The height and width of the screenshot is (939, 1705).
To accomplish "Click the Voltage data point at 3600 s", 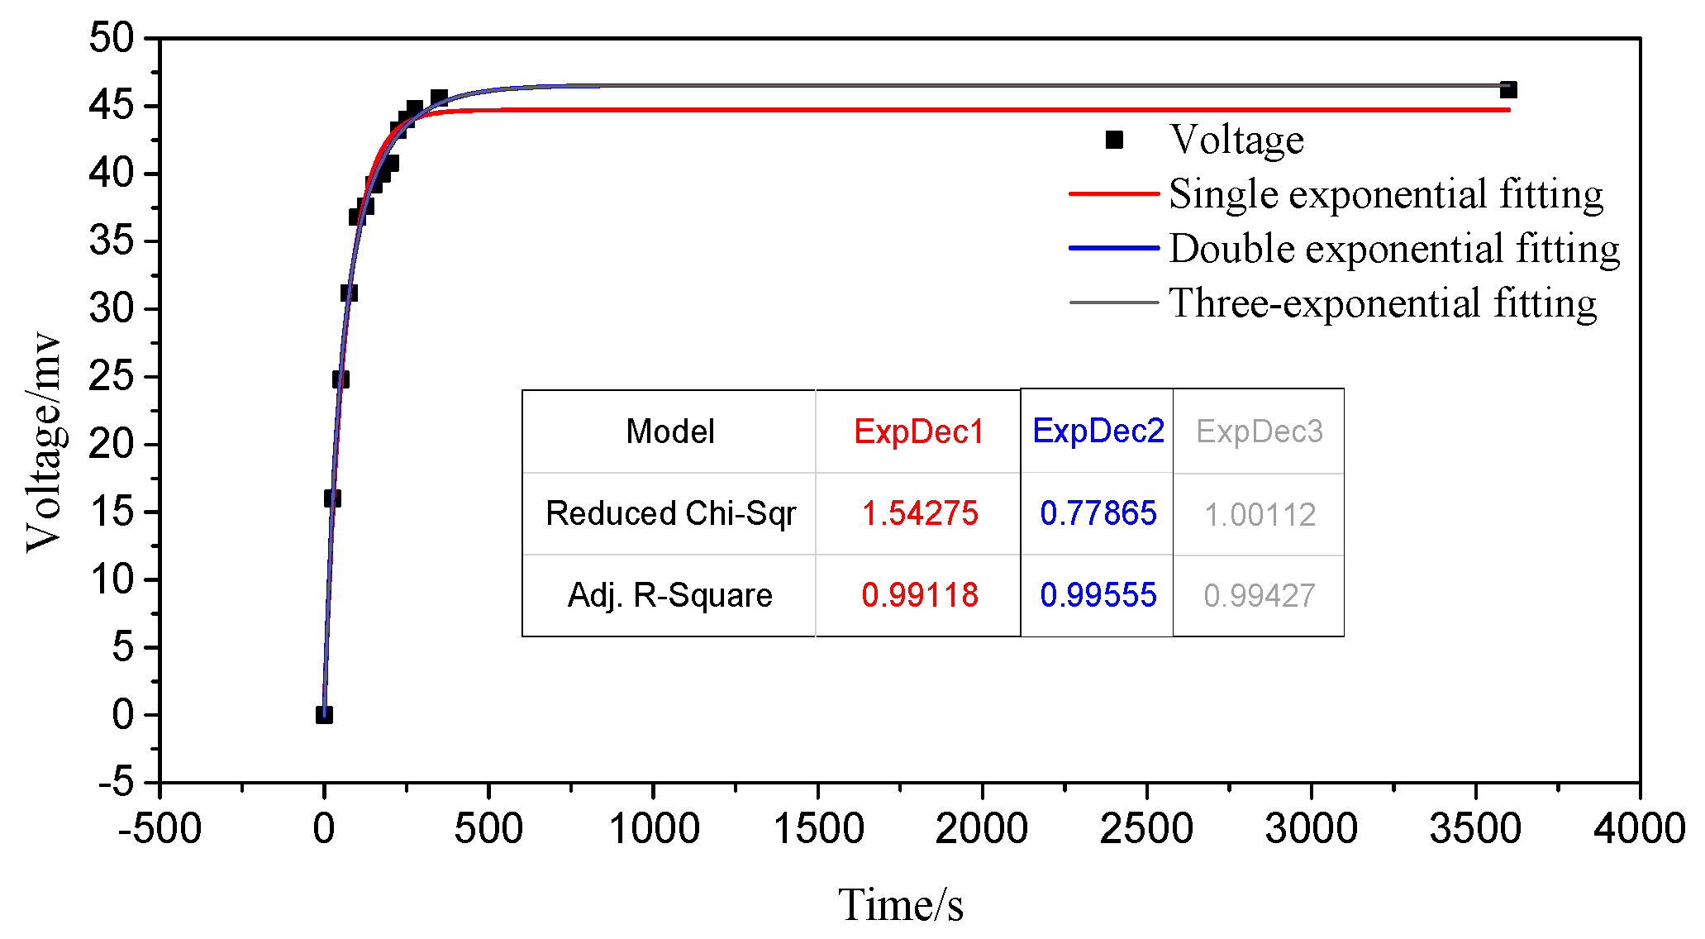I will pyautogui.click(x=1507, y=90).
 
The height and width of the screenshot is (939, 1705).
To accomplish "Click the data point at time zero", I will pyautogui.click(x=324, y=714).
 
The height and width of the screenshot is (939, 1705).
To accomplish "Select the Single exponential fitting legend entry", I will pyautogui.click(x=1386, y=194).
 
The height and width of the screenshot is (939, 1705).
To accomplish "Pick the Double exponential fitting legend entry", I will pyautogui.click(x=1394, y=249).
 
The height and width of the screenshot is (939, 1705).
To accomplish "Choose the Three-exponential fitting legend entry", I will pyautogui.click(x=1383, y=303).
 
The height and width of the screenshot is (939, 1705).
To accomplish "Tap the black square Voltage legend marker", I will pyautogui.click(x=1114, y=140).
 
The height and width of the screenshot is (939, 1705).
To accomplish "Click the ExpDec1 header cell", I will pyautogui.click(x=919, y=431).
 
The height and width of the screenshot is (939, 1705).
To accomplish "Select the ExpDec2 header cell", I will pyautogui.click(x=1098, y=431).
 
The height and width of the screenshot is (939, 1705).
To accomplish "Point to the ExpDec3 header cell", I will pyautogui.click(x=1259, y=431).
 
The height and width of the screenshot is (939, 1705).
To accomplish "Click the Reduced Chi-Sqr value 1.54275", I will pyautogui.click(x=919, y=513).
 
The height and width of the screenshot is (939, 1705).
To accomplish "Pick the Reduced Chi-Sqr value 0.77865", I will pyautogui.click(x=1098, y=513).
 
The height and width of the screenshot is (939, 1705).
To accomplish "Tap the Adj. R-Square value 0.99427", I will pyautogui.click(x=1259, y=595).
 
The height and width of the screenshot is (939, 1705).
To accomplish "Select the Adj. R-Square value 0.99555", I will pyautogui.click(x=1098, y=595).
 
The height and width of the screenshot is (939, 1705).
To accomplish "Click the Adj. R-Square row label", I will pyautogui.click(x=669, y=595).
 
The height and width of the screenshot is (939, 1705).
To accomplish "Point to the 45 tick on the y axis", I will pyautogui.click(x=112, y=106).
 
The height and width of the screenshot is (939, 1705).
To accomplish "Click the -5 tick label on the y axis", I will pyautogui.click(x=116, y=781).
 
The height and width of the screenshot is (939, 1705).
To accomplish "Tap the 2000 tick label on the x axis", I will pyautogui.click(x=982, y=828).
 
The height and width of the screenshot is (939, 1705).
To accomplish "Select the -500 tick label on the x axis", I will pyautogui.click(x=160, y=828).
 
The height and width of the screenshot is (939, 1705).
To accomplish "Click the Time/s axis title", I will pyautogui.click(x=900, y=904).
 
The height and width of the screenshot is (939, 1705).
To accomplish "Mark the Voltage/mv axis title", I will pyautogui.click(x=43, y=442).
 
